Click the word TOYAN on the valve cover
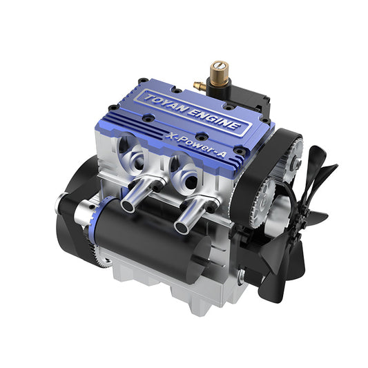pyautogui.click(x=164, y=104)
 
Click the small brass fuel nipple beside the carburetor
pyautogui.click(x=198, y=86)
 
